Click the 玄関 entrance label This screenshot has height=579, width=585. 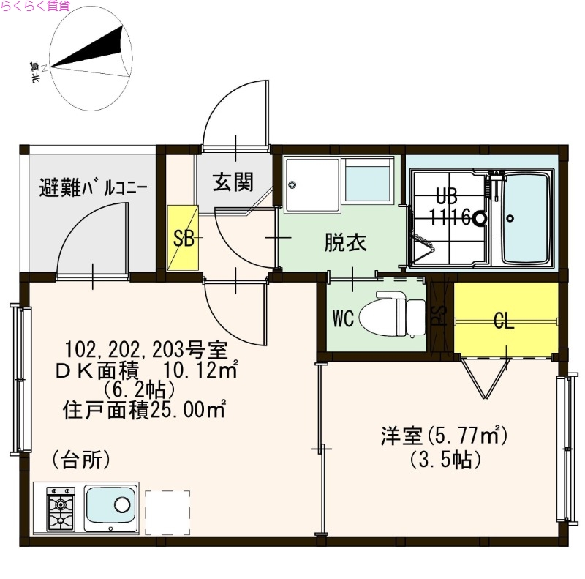[x=233, y=182]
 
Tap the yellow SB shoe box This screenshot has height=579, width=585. [x=182, y=238]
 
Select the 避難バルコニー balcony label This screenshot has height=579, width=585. [x=93, y=187]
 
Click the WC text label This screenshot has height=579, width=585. [x=344, y=318]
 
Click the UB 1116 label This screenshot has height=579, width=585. [x=450, y=208]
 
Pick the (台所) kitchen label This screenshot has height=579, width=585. [x=81, y=460]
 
